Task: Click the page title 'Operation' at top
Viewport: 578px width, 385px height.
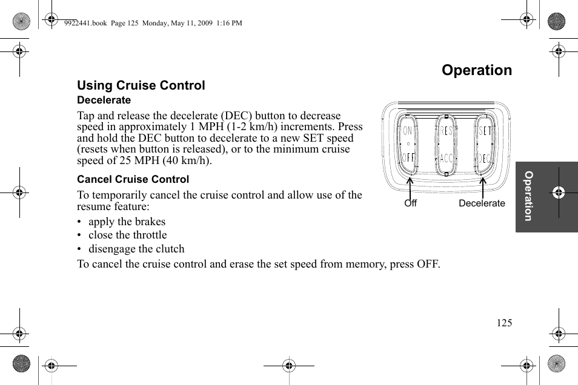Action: (476, 70)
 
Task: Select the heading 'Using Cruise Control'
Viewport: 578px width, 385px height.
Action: (141, 85)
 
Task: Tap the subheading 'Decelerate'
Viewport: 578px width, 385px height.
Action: (104, 100)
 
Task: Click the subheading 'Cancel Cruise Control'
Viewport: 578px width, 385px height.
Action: (133, 180)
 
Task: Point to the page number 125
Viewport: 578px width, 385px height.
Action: (504, 323)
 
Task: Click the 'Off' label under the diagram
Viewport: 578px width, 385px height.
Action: (410, 203)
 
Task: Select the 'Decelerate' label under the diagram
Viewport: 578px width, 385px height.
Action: (481, 203)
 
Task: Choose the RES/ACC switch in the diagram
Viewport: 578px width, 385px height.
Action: (447, 145)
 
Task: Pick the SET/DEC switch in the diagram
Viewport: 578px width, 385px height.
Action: (484, 145)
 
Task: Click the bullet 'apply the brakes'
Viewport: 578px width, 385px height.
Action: (127, 222)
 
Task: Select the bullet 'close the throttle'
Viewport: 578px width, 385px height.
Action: (127, 235)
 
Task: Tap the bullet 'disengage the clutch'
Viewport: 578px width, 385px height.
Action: (136, 249)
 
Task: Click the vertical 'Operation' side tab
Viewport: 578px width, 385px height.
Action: (528, 196)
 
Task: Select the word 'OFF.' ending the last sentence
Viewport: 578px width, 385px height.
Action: (427, 264)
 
